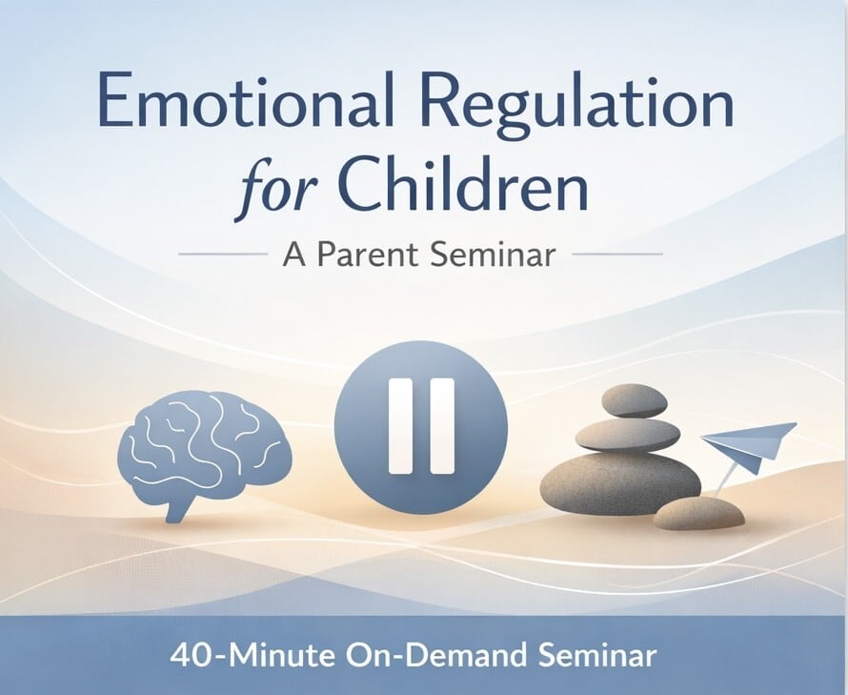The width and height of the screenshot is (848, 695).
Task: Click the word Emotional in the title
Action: point(246,101)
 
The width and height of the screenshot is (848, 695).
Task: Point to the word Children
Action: point(465,184)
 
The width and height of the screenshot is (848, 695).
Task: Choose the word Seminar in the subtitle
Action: point(493,254)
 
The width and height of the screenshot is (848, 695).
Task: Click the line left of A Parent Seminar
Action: point(223,254)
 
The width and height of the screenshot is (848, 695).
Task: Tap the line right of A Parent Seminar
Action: point(617,254)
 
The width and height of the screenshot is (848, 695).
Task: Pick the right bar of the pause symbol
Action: point(441,426)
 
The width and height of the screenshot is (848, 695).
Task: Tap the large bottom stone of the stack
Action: point(620,483)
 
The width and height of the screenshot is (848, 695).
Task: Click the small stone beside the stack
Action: point(698,513)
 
